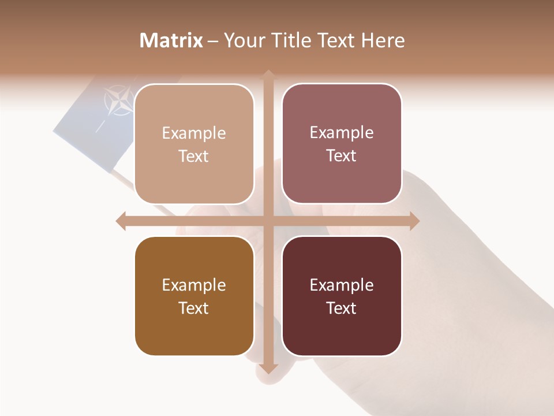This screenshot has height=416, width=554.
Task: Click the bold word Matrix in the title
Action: click(x=171, y=40)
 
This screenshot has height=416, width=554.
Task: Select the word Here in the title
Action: click(x=383, y=40)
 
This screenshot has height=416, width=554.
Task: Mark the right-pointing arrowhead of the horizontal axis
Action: click(x=414, y=221)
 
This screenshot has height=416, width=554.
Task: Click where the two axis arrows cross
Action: click(x=268, y=221)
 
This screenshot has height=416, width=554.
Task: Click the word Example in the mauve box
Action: click(x=342, y=132)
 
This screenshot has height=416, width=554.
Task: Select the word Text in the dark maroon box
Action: click(x=342, y=308)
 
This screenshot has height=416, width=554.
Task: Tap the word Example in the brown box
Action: click(x=194, y=285)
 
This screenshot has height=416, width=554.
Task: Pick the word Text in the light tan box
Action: click(x=194, y=156)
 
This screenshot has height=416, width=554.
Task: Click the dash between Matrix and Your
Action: click(x=213, y=41)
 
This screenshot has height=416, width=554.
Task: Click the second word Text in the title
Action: click(x=335, y=40)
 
